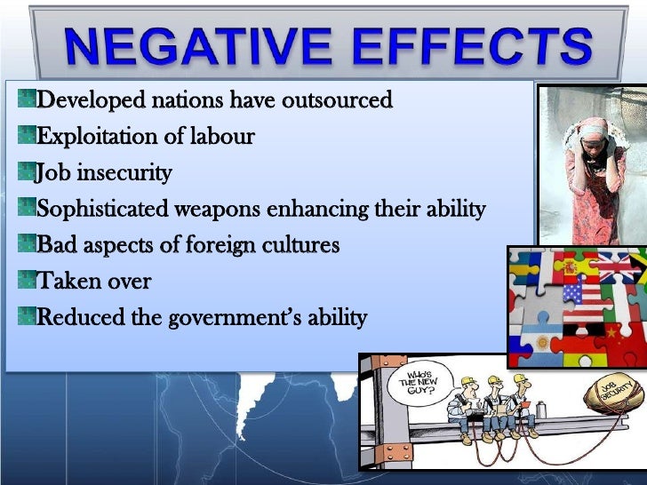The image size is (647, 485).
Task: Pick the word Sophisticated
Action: (106, 209)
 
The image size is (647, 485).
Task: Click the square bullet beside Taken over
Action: (26, 280)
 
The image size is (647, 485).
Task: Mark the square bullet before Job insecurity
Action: (26, 171)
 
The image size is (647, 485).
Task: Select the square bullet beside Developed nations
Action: (26, 99)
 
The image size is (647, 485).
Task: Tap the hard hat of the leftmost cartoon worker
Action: (467, 381)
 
